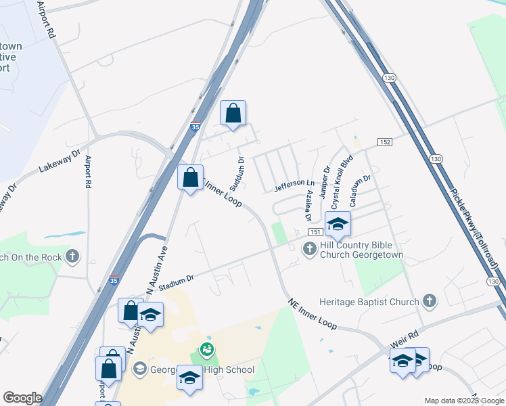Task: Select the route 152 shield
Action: coord(384,142)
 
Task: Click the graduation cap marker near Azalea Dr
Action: coord(338,224)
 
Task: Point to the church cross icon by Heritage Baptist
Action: coord(428,300)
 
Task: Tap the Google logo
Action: coord(22,398)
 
